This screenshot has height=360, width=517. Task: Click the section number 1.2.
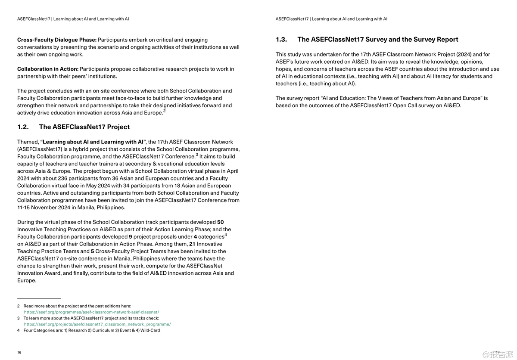[x=23, y=127]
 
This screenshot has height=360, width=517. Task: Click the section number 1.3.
[x=281, y=40]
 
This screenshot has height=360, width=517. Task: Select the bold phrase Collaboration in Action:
[x=48, y=69]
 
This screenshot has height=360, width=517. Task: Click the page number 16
[x=19, y=352]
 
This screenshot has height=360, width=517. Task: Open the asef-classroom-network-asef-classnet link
[x=91, y=312]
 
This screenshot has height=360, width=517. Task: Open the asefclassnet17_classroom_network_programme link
[x=97, y=324]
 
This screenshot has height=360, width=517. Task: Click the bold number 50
[x=220, y=222]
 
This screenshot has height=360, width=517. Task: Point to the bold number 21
[x=192, y=244]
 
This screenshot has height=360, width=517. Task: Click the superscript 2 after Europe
[x=165, y=111]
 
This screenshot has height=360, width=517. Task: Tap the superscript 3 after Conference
[x=197, y=155]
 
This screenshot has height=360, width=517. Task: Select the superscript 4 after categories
[x=226, y=235]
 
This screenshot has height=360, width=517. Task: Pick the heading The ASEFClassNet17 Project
[x=84, y=127]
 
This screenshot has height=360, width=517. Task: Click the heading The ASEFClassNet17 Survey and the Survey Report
[x=377, y=40]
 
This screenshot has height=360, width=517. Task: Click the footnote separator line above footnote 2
[x=39, y=298]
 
